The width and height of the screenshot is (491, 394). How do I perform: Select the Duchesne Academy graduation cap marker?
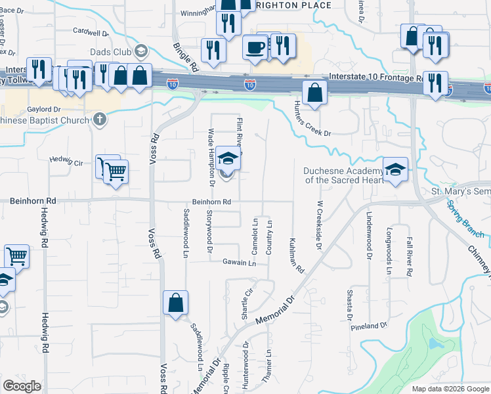[x=395, y=169]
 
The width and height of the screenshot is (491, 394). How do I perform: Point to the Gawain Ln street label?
[x=238, y=263]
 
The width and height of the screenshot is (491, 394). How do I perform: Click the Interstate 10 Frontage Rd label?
[x=374, y=77]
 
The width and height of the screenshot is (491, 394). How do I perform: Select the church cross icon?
[x=99, y=120]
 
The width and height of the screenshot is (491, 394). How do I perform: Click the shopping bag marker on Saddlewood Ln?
[x=175, y=303]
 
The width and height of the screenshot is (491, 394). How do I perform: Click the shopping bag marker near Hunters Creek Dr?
[x=315, y=93]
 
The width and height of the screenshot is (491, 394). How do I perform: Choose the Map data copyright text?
[x=450, y=389]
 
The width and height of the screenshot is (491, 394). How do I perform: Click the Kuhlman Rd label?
[x=297, y=255]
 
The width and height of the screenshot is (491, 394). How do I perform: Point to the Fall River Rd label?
[x=409, y=249]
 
